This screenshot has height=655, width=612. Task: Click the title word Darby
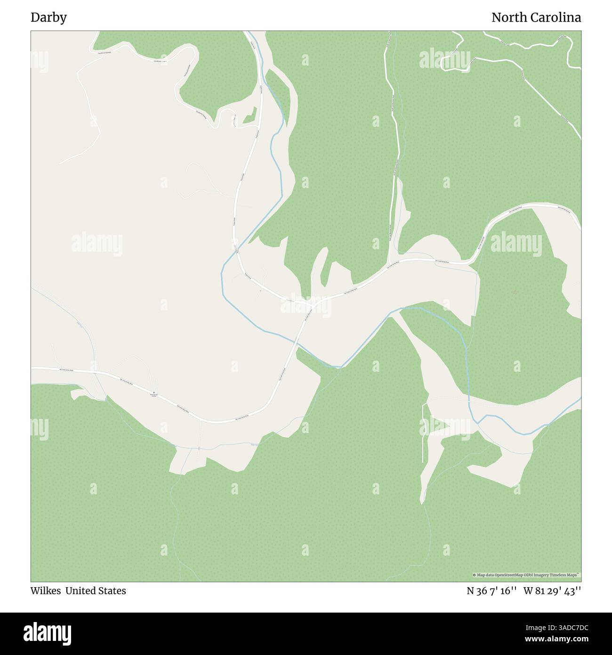point(48,18)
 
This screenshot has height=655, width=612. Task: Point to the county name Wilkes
point(46,591)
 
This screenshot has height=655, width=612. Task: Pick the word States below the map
point(113,591)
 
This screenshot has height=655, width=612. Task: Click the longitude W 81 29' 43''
point(554,591)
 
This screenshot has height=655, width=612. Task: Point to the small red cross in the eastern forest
point(515,292)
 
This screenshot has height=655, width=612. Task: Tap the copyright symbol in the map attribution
point(474,575)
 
